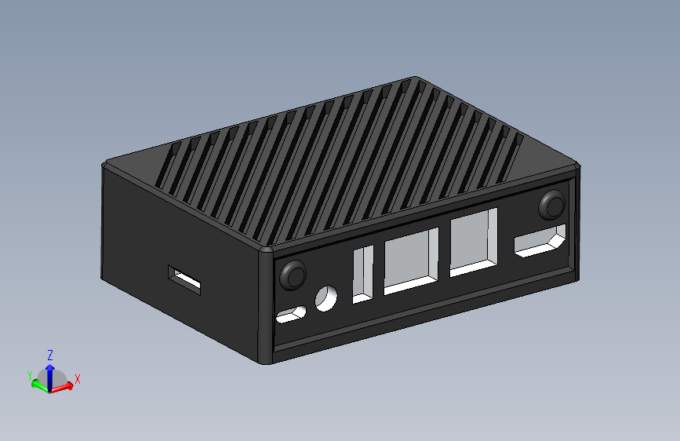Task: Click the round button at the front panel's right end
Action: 552,206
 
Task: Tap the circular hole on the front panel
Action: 325,297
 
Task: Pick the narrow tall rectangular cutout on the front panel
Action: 363,274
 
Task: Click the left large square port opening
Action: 410,262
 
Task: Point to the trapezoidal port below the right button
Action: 540,242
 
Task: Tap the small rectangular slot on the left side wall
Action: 184,279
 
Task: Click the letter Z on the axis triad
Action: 50,355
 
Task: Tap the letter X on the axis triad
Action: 78,379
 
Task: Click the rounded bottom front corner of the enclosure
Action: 265,361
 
